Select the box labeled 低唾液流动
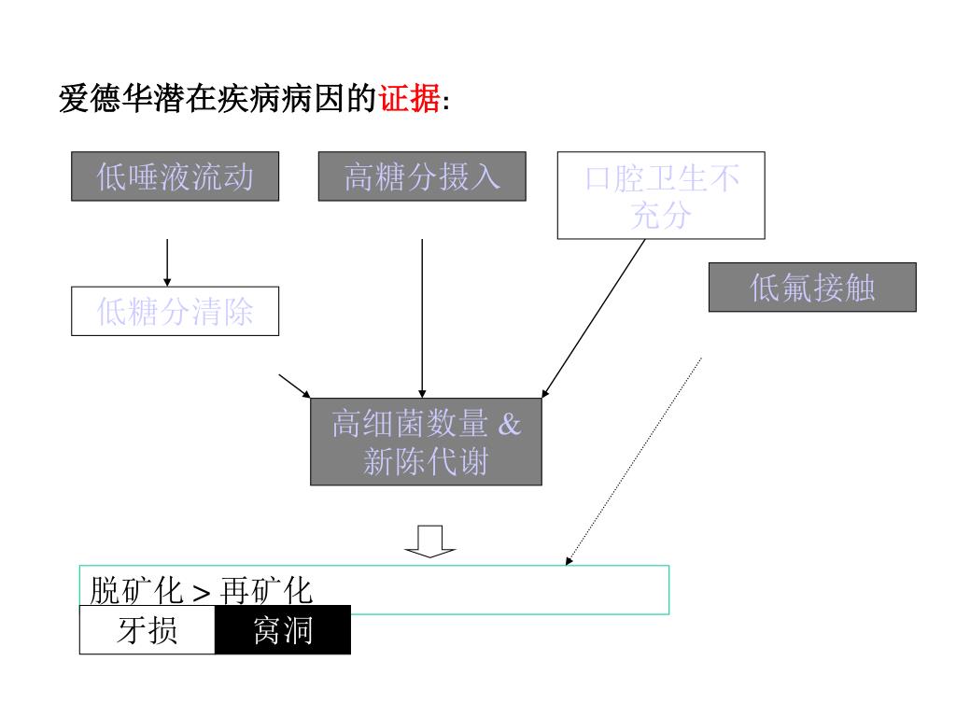176,176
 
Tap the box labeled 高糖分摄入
422,176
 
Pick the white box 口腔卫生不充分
661,196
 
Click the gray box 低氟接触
812,288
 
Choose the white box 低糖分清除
176,312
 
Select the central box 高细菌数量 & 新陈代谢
426,442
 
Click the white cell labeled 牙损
148,631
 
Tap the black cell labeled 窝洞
283,631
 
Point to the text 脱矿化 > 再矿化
201,591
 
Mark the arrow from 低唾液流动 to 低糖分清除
167,262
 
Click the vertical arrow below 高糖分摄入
422,317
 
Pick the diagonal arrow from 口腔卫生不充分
594,317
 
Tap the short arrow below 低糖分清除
294,386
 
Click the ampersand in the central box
509,425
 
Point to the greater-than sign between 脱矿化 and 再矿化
201,593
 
